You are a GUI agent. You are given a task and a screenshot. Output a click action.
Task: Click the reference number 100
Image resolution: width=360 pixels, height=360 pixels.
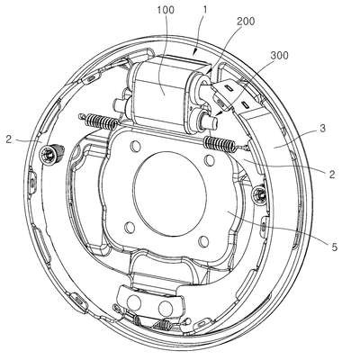click(x=166, y=10)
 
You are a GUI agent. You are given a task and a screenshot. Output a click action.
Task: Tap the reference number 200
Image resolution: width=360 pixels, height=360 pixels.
click(x=246, y=22)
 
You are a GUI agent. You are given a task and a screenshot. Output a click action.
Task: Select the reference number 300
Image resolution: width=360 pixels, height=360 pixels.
click(x=279, y=56)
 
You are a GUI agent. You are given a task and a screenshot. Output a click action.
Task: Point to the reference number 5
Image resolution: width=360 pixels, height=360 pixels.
click(x=335, y=247)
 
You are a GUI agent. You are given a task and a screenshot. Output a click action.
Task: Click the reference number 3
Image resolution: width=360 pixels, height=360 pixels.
click(x=322, y=129)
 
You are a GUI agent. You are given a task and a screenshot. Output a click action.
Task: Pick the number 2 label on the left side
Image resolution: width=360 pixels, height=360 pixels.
click(x=9, y=139)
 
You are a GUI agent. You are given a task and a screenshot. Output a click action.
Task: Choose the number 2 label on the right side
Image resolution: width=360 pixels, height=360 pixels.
click(x=331, y=175)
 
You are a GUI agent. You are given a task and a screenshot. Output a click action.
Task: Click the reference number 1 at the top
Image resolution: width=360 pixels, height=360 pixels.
click(x=205, y=10)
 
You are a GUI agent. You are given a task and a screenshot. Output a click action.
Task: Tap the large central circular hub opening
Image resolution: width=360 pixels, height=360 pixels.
click(x=170, y=194)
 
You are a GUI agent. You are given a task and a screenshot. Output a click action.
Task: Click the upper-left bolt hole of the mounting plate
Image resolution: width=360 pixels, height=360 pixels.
click(x=135, y=146)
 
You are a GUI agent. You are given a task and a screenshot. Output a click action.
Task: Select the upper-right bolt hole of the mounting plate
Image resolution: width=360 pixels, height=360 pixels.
click(x=209, y=160)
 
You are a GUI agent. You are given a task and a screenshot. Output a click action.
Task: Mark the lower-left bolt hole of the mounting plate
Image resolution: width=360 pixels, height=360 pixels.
click(x=130, y=228)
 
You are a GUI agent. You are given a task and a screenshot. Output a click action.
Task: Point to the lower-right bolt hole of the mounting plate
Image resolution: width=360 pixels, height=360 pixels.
click(x=203, y=241)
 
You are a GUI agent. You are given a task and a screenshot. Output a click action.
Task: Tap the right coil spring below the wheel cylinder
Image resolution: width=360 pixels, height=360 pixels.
click(x=220, y=144)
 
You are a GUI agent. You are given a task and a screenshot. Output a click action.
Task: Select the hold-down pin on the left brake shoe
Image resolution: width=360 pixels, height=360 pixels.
click(x=52, y=153)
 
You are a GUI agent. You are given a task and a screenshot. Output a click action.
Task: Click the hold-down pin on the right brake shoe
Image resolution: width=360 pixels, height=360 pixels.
click(x=259, y=193)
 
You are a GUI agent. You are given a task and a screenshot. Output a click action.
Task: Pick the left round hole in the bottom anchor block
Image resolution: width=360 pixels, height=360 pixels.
click(x=133, y=302)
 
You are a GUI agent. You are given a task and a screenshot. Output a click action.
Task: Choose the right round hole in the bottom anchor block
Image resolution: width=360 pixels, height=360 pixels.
click(x=166, y=307)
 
